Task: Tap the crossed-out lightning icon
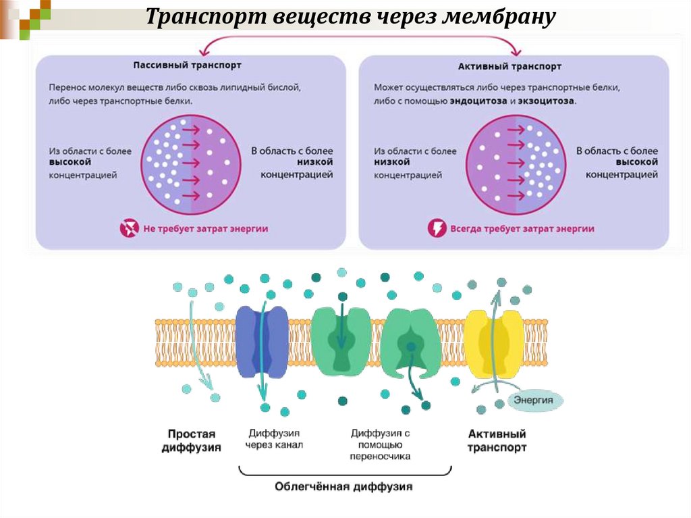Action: pyautogui.click(x=128, y=228)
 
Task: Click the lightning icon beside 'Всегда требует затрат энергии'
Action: pyautogui.click(x=437, y=228)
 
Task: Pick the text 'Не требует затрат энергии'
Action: pyautogui.click(x=206, y=229)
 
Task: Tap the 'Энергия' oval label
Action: pyautogui.click(x=534, y=400)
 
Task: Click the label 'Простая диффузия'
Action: pyautogui.click(x=192, y=441)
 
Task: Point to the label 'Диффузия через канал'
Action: pyautogui.click(x=275, y=438)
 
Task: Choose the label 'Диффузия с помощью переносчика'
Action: pyautogui.click(x=381, y=444)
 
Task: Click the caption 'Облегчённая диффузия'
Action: pyautogui.click(x=343, y=486)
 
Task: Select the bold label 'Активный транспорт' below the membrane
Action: pyautogui.click(x=497, y=441)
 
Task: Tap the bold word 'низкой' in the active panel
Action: pyautogui.click(x=392, y=163)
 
